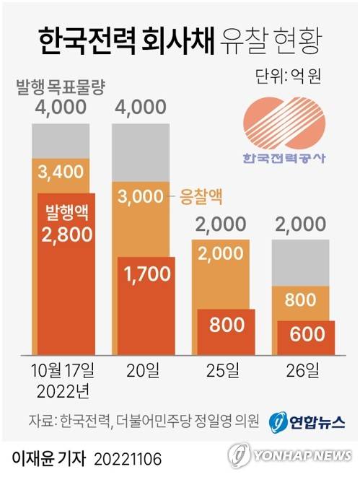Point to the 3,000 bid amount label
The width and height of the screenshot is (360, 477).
coord(141,196)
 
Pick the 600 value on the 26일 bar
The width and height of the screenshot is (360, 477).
coord(306,336)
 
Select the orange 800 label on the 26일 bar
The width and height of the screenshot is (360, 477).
coord(306,298)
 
